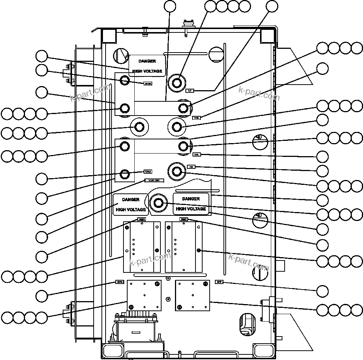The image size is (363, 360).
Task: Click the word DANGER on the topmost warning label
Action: [x=147, y=61]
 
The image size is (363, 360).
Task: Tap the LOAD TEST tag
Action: [x=154, y=181]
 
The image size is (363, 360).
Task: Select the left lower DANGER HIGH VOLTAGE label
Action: [x=130, y=205]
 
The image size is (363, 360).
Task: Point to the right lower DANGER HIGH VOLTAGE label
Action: [x=191, y=204]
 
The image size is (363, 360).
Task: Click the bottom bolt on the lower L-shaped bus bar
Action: [x=125, y=174]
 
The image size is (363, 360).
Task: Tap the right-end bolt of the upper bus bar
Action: [x=183, y=108]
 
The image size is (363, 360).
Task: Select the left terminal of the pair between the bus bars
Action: [x=139, y=127]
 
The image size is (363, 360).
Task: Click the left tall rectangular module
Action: [x=142, y=247]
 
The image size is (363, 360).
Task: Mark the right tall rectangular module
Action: [x=183, y=247]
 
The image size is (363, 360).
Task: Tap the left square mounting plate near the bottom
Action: [x=144, y=295]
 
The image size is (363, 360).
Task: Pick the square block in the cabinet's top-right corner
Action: [x=267, y=36]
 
